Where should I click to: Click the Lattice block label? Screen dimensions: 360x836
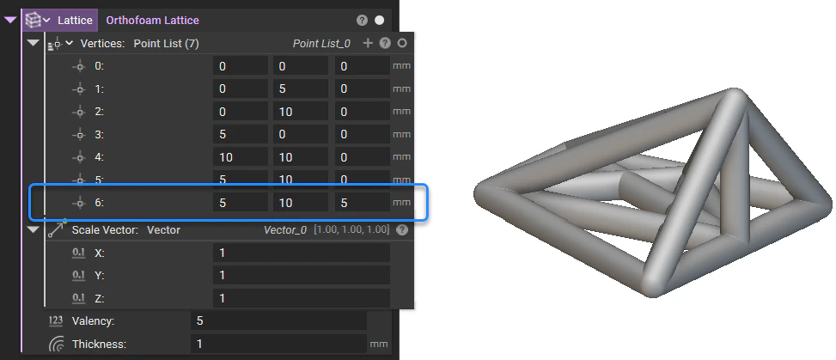click(75, 19)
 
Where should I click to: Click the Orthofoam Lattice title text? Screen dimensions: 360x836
click(153, 19)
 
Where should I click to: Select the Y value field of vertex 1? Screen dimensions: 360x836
click(301, 88)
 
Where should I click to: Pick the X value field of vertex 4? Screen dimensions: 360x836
click(240, 156)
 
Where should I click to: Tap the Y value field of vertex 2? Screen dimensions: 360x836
click(301, 111)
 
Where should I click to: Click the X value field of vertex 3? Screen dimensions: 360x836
click(240, 134)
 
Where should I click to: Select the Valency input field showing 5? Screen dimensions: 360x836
click(278, 320)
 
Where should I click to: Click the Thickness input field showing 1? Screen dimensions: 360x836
click(278, 344)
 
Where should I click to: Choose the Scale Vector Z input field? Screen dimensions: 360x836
click(301, 297)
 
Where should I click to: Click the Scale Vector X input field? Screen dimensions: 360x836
click(301, 253)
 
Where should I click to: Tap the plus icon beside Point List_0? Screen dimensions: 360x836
click(368, 43)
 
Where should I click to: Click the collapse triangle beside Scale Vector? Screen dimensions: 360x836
click(34, 230)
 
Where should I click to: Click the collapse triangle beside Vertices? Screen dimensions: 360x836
click(34, 43)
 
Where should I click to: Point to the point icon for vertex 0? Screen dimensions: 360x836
click(79, 65)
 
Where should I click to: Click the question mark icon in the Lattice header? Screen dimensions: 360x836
click(362, 19)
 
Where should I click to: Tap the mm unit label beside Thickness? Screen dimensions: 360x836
click(378, 344)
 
